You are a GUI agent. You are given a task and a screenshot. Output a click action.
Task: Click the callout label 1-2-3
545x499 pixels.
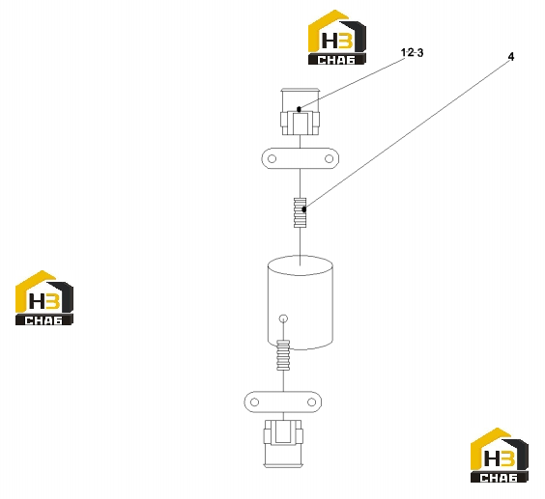tap(413, 53)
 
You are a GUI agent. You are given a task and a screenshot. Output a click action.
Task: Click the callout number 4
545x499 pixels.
tap(510, 57)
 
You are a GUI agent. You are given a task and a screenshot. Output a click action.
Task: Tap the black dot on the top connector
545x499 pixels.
tap(299, 109)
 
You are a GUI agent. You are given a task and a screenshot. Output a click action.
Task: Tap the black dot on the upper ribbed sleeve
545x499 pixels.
tap(304, 209)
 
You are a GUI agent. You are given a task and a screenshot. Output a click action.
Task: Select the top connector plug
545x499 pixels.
tap(300, 112)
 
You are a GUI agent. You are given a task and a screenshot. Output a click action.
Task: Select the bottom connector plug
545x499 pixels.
tap(283, 443)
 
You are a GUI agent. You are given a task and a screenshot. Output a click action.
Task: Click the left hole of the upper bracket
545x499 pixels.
tap(272, 158)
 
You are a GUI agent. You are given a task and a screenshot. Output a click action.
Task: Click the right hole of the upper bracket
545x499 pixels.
tap(329, 158)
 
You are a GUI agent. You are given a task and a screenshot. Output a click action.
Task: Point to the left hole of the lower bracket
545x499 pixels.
tap(254, 402)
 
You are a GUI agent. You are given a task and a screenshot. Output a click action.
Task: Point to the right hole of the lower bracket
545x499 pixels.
tap(311, 402)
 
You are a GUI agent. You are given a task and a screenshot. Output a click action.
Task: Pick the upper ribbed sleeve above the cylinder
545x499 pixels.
tap(300, 212)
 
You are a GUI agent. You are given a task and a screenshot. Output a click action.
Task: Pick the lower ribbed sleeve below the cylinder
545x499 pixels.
tap(283, 354)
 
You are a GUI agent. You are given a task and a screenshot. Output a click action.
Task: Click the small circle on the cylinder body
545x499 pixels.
tap(284, 319)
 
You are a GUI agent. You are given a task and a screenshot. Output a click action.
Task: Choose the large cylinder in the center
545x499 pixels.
tap(301, 302)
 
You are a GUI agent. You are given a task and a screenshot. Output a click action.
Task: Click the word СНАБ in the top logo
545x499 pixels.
tap(336, 60)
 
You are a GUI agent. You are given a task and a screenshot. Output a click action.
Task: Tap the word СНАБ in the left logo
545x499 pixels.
tap(43, 320)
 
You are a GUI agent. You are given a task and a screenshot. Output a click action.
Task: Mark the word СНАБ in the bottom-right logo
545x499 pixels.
tap(499, 478)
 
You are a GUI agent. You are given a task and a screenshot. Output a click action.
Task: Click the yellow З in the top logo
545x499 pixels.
tap(346, 40)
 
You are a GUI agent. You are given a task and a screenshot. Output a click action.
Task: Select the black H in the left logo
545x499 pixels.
tap(38, 301)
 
